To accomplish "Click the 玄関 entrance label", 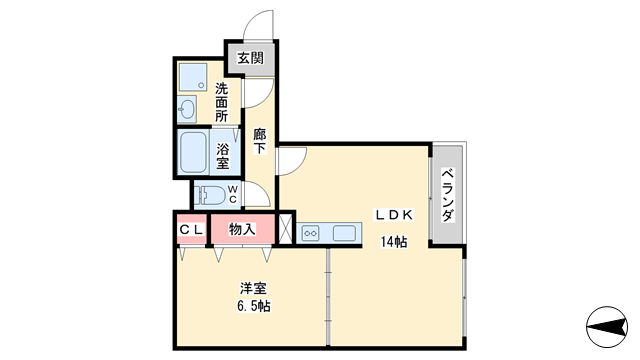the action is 251,58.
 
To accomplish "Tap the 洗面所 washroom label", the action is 222,102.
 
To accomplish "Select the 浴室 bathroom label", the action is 222,156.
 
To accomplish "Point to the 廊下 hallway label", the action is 260,141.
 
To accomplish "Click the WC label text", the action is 233,194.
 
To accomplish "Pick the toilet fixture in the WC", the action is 210,195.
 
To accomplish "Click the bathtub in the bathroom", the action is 193,152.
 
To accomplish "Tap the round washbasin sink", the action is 187,109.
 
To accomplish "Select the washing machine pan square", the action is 193,77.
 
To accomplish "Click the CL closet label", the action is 191,230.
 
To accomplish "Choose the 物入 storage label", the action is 242,229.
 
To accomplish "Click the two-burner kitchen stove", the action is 311,233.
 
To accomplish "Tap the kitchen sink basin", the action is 344,233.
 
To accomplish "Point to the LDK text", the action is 394,215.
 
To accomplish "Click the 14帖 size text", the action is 394,242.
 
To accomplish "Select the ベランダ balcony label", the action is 448,195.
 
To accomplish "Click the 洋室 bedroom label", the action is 253,288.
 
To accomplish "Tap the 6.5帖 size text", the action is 253,306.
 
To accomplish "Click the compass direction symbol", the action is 607,327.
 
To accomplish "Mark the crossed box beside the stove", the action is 285,229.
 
